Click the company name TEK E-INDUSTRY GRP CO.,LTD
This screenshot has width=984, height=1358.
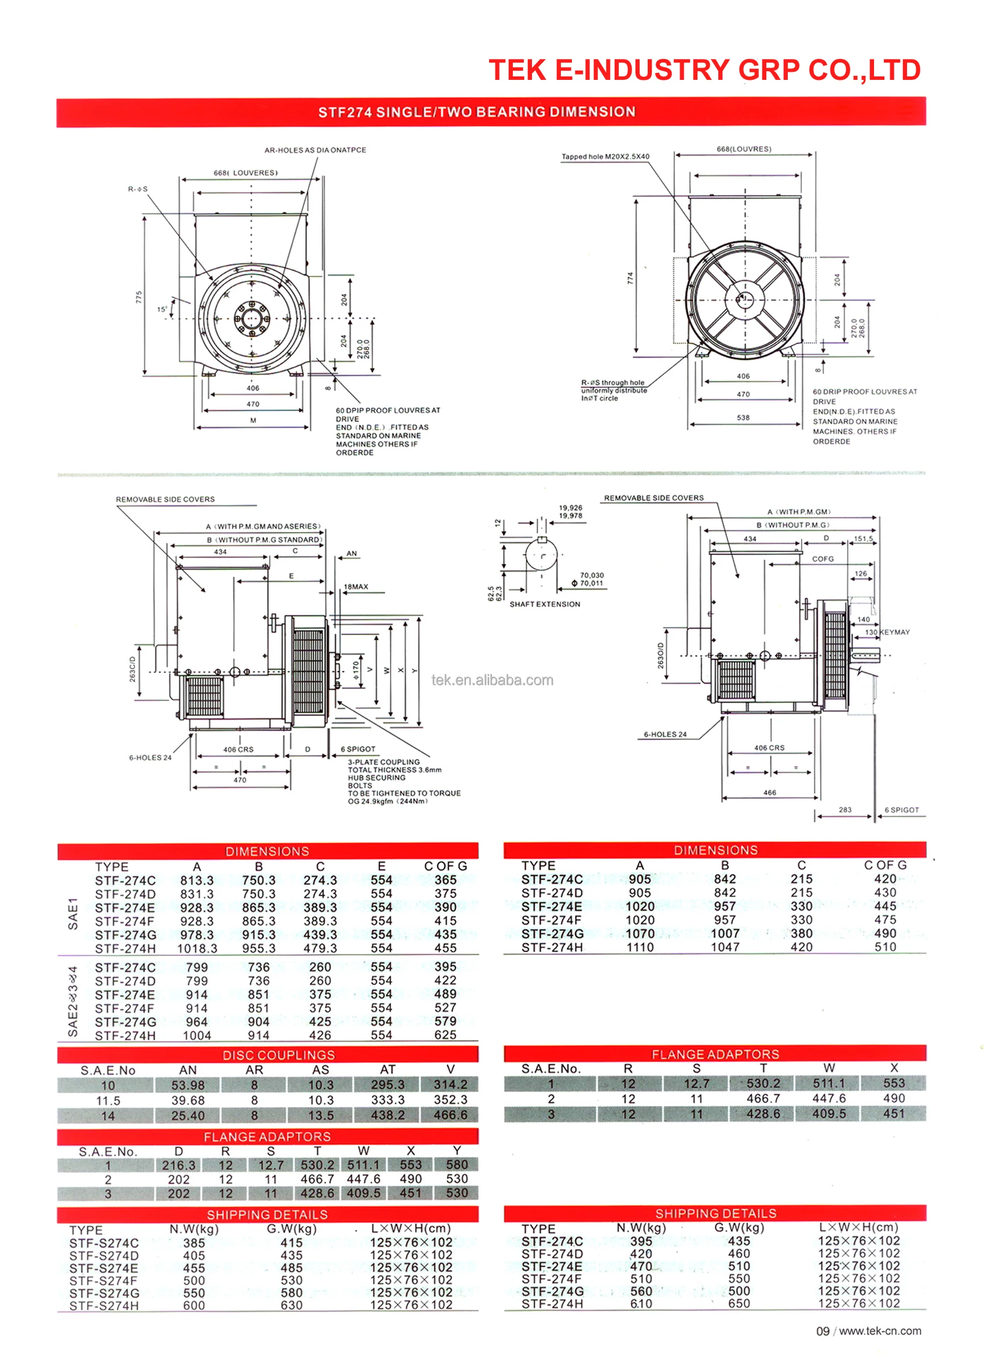point(704,70)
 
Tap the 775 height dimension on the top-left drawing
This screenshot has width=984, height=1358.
point(139,297)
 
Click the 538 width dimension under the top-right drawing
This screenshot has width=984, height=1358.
point(743,417)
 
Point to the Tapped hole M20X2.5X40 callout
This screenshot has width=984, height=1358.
point(605,157)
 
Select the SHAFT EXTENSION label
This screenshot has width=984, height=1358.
point(545,604)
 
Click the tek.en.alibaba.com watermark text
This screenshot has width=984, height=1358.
point(493,680)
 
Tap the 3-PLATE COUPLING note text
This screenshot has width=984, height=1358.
point(384,762)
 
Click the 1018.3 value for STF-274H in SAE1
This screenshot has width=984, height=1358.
point(197,948)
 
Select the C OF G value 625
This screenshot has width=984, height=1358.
point(445,1034)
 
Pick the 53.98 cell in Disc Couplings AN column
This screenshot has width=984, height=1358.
point(188,1085)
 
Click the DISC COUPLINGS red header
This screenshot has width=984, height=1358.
point(278,1055)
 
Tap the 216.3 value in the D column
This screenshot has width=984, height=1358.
point(178,1165)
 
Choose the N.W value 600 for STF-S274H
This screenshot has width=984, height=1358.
point(194,1305)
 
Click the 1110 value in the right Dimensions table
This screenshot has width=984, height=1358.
point(640,947)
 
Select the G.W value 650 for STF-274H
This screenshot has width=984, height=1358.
point(739,1304)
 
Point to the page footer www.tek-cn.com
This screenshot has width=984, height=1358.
point(879,1331)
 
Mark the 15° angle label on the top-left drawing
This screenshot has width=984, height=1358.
point(161,310)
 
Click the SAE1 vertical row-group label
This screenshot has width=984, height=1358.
point(73,913)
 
